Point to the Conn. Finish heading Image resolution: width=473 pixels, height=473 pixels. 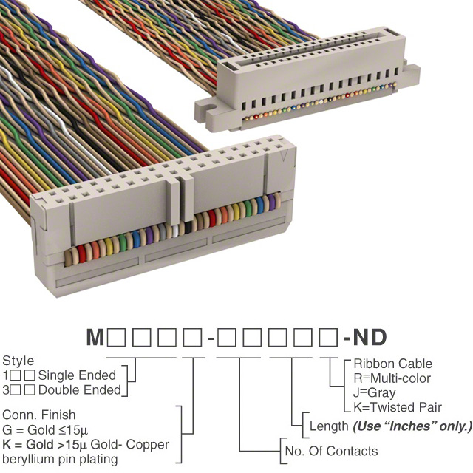pos(38,415)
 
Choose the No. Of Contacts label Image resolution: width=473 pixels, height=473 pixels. pos(330,451)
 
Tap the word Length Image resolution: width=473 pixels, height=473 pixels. pos(329,426)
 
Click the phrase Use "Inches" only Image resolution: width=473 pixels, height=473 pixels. pos(412,426)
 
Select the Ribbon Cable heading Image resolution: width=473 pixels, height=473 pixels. pos(392,364)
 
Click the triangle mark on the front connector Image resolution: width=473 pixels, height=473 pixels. pos(282,157)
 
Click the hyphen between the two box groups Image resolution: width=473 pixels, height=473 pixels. pos(211,339)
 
